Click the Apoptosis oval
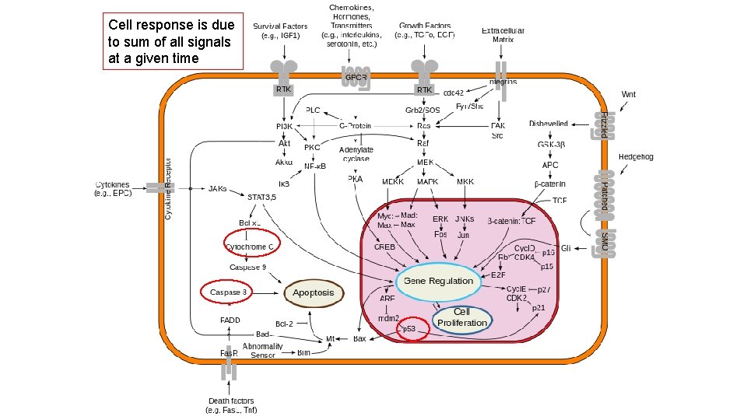tap(314, 293)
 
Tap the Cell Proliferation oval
tap(461, 317)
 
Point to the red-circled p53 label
tap(409, 329)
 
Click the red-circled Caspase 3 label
tap(228, 292)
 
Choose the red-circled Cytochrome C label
tap(250, 247)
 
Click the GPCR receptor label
tap(355, 78)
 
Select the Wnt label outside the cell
tap(628, 94)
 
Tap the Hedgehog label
tap(636, 157)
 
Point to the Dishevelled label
tap(549, 124)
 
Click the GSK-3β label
tap(550, 145)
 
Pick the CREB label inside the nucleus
tap(384, 247)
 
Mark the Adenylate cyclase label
tap(356, 154)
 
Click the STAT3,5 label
tap(261, 198)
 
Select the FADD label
tap(230, 320)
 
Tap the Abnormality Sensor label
tap(262, 351)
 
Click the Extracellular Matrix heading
tap(503, 34)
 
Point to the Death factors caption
tap(231, 405)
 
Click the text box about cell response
tap(174, 41)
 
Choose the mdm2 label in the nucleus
tap(388, 318)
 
